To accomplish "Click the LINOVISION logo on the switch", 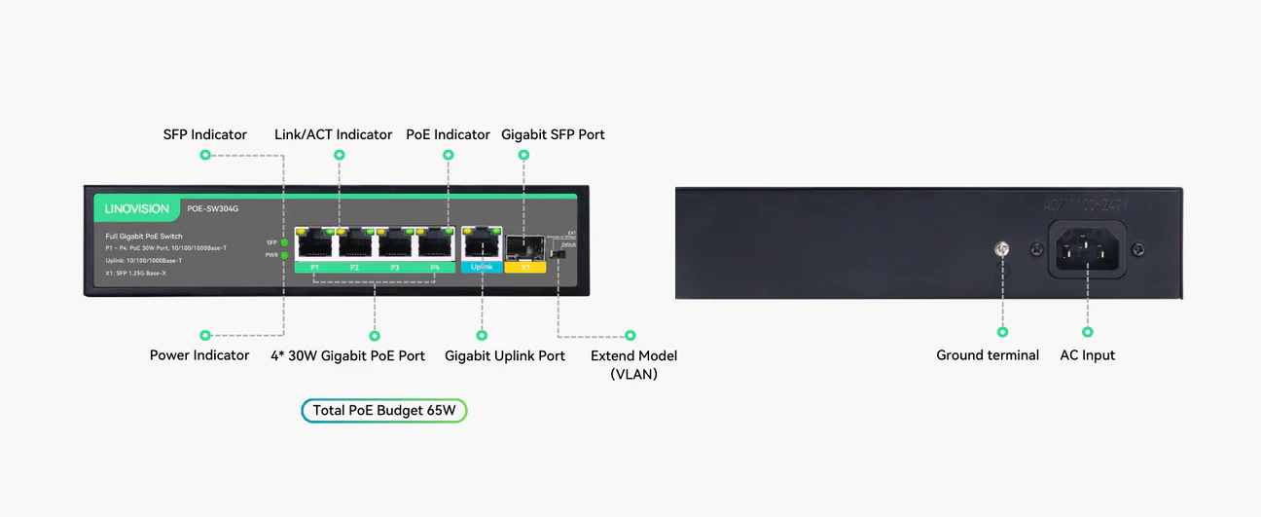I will click(137, 208).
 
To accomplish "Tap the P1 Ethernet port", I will click(314, 242).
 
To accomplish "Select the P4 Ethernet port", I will click(435, 242).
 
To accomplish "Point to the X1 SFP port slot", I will click(524, 246).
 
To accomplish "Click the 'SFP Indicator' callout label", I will click(204, 134).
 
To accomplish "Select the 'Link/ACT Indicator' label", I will click(333, 134).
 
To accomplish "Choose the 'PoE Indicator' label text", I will click(448, 134).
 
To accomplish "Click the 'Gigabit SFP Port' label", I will click(553, 134).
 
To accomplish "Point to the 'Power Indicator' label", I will click(199, 355).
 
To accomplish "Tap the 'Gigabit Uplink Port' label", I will click(505, 355).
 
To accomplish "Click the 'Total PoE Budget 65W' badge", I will click(384, 411).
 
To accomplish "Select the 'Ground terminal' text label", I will click(988, 355).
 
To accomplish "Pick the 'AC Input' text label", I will click(1087, 355).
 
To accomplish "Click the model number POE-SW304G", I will click(214, 207).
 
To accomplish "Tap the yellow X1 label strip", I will click(525, 267).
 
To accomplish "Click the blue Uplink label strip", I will click(482, 267).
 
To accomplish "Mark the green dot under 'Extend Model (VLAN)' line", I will click(630, 336).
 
